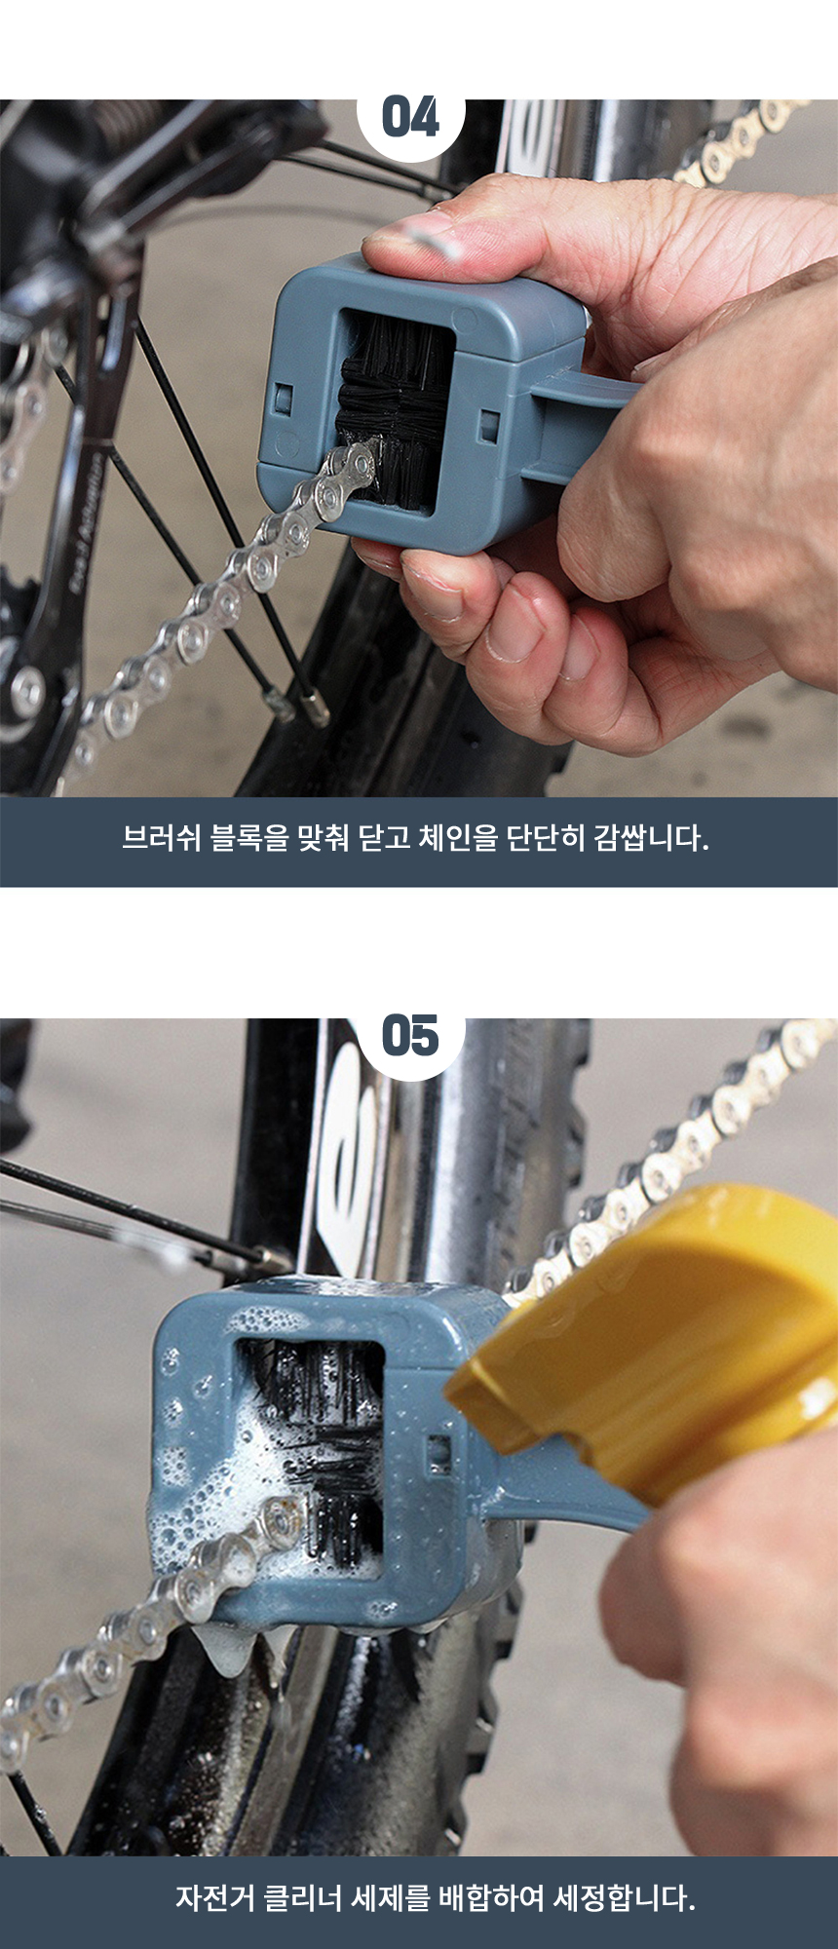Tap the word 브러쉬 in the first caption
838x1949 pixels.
[161, 838]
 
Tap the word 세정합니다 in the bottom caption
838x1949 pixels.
[625, 1896]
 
